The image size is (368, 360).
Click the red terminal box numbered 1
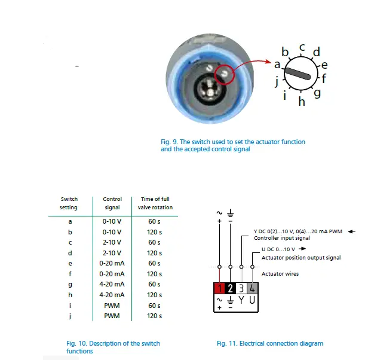220,288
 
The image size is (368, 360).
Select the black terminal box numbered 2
231,288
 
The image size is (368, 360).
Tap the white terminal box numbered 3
241,288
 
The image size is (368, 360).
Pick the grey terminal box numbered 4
252,288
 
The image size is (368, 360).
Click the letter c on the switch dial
302,46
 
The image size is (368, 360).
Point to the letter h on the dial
302,102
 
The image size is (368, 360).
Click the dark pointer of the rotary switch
297,73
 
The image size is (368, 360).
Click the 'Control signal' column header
112,203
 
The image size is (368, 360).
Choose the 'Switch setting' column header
69,203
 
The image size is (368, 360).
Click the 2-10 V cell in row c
112,242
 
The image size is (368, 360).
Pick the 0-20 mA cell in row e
112,263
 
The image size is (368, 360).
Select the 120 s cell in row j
155,316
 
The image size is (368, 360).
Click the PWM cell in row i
112,305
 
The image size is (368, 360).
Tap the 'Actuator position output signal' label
301,258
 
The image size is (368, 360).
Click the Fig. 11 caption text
269,343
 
